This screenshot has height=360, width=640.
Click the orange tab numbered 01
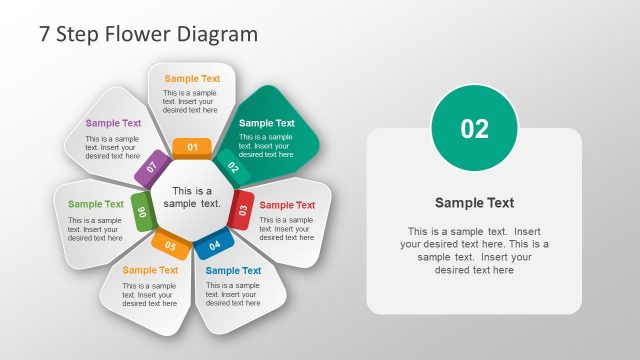pos(192,148)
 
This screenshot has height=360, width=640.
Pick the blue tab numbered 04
pos(214,244)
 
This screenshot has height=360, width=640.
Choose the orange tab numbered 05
pos(171,245)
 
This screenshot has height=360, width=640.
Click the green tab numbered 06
pos(142,211)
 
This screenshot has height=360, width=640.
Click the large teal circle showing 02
pos(474,128)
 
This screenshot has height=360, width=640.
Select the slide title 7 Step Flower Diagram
pos(148,33)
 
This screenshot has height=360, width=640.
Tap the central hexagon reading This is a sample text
pos(192,197)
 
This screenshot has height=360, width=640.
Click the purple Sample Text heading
pos(113,124)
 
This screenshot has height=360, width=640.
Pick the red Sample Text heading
pos(287,205)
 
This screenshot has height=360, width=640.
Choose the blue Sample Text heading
pos(233,270)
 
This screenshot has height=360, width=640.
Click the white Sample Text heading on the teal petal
pos(267,124)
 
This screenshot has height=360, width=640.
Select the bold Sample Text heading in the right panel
pos(474,203)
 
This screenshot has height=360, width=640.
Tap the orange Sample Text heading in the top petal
pos(192,79)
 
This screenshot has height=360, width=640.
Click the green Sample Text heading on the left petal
pos(96,204)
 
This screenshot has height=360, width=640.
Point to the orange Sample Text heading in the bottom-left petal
pos(150,270)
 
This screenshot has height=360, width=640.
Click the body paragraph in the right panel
pos(474,250)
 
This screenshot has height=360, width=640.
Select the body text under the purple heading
pos(112,147)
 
